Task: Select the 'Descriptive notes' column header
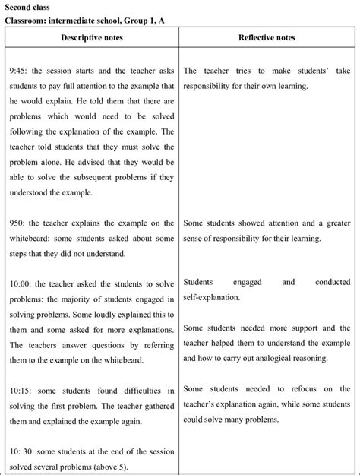coord(93,37)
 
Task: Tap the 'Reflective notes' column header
coord(270,37)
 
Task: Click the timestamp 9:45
coord(21,71)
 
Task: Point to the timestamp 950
coord(20,223)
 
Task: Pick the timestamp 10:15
coord(22,390)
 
